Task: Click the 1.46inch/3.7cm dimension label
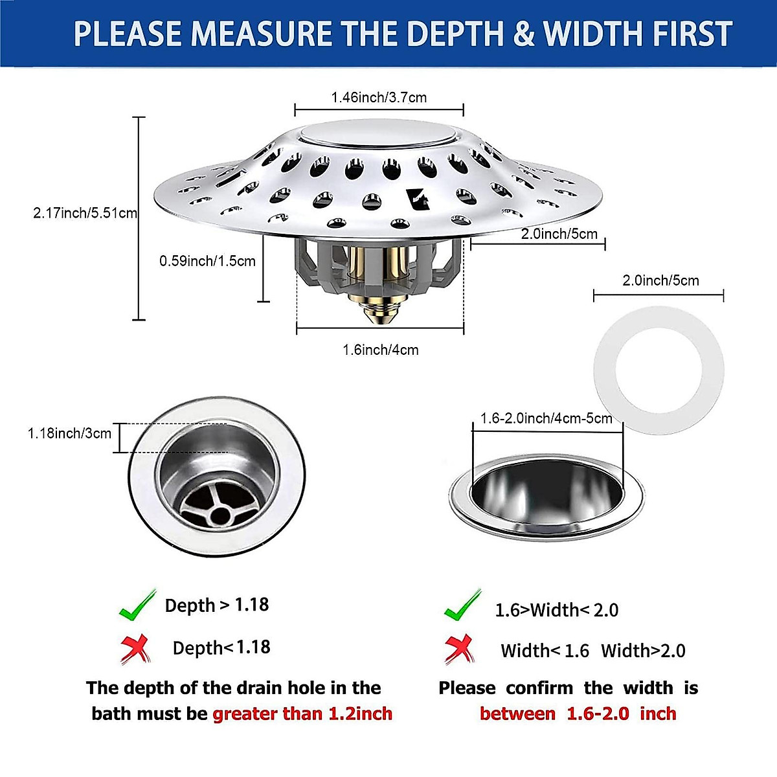coord(379,98)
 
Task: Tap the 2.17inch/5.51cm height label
coord(85,212)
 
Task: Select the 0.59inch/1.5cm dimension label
coord(207,261)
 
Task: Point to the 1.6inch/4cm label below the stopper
coord(380,350)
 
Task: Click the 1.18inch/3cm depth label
coord(69,433)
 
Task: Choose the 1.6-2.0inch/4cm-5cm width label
coord(546,418)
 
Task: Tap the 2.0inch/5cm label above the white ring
coord(660,280)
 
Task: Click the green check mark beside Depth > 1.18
coord(137,605)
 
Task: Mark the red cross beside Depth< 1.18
coord(135,649)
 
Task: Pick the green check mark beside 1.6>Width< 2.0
coord(462,606)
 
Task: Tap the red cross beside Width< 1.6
coord(460,649)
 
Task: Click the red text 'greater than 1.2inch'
coord(302,714)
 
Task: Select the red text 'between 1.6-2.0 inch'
coord(578,714)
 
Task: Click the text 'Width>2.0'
coord(643,651)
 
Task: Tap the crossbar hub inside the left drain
coord(221,515)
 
